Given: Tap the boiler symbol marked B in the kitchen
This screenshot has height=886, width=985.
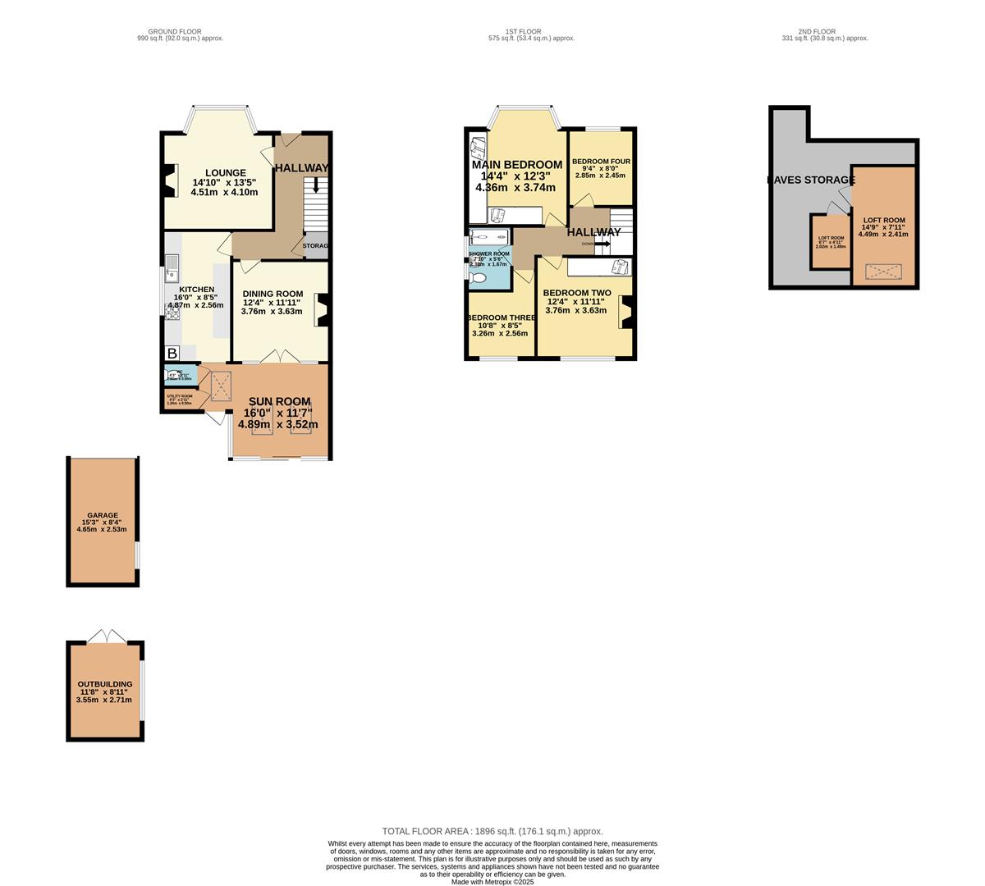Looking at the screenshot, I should coord(172,354).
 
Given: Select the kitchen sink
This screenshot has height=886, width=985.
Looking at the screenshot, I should coord(172,265).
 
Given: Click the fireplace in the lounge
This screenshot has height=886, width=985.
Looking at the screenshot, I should coord(170,180).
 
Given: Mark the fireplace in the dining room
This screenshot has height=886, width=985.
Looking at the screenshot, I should coord(323,310).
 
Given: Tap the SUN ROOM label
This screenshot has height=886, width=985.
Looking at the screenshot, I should coord(279,402).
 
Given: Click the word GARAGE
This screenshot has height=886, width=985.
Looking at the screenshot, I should coord(103,515).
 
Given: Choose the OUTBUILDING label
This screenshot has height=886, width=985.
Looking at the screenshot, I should coord(104,684).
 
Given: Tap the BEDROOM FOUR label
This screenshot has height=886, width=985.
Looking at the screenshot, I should coord(601,162).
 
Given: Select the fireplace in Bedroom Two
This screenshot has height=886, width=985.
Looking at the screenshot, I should coord(627,313).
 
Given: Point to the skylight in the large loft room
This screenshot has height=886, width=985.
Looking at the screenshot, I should coord(883,271).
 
